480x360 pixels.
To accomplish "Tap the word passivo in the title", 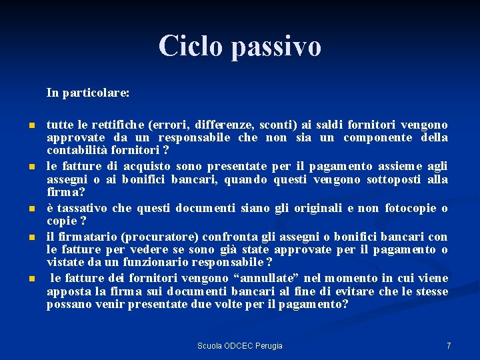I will [x=277, y=46].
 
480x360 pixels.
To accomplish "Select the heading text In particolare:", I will [x=88, y=93].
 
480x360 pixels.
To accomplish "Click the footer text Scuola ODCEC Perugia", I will [x=239, y=345].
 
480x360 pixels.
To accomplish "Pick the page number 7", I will [x=449, y=345].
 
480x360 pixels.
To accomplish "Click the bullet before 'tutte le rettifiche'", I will [x=31, y=125].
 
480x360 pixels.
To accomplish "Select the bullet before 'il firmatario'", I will [x=31, y=237].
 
